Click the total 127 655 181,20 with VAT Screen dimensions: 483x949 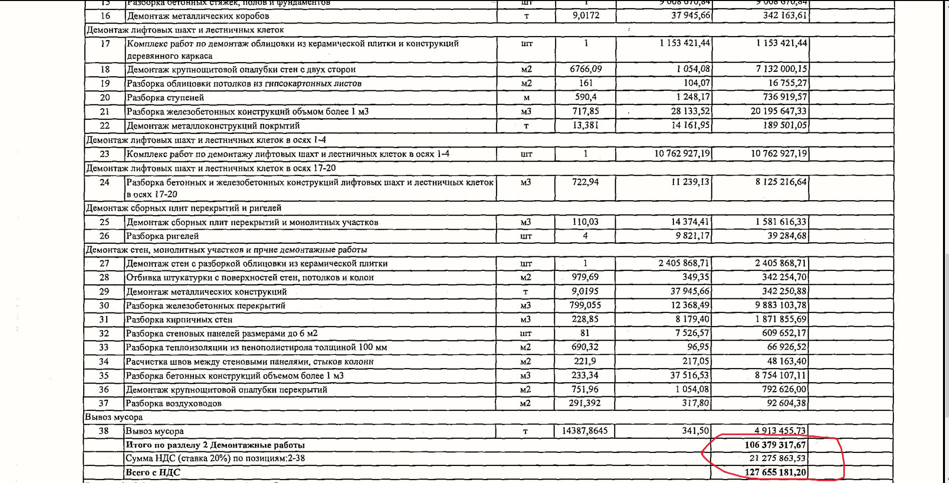click(x=775, y=472)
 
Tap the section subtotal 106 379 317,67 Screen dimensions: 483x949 click(x=775, y=445)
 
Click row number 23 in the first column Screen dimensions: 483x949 click(x=104, y=154)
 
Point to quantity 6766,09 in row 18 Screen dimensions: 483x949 click(x=586, y=69)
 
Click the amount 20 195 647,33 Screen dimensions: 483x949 click(x=778, y=111)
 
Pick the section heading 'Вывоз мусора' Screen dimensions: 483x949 click(x=114, y=417)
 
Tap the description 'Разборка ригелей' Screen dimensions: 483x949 click(x=162, y=236)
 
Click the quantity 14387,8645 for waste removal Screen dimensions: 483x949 click(x=585, y=430)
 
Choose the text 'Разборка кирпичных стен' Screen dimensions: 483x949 click(x=179, y=319)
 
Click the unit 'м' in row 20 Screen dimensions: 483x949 click(x=526, y=97)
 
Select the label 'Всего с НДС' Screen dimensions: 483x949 click(x=153, y=472)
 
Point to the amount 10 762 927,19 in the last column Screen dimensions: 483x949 click(x=778, y=153)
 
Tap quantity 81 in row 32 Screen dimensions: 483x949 click(x=585, y=333)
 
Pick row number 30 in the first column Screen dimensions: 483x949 click(x=104, y=305)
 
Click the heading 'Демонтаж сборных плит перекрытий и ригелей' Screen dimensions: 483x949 click(x=183, y=208)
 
